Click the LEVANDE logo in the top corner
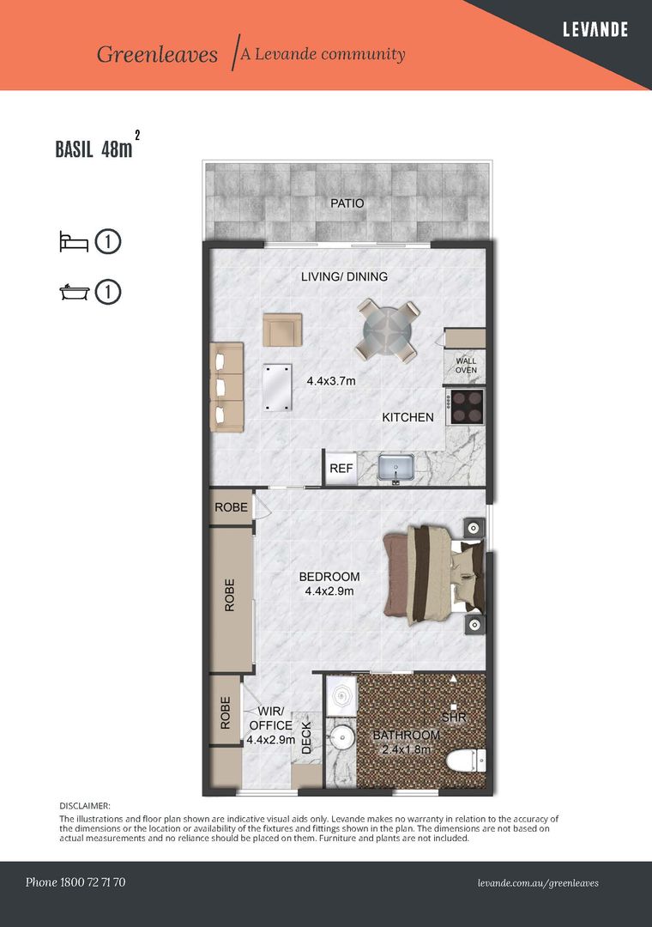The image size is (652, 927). [595, 29]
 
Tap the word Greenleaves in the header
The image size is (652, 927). [157, 54]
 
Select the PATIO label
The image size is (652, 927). [347, 203]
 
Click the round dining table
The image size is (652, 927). [388, 330]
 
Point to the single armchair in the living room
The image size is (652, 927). [282, 330]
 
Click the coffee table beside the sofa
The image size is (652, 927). [277, 387]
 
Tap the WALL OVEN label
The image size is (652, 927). [466, 366]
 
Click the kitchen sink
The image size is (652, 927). [395, 468]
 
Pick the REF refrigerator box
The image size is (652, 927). [341, 469]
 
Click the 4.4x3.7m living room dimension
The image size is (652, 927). [331, 381]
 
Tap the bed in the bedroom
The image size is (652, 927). [434, 574]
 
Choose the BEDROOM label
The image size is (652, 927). [329, 577]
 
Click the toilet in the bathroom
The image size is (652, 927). [466, 760]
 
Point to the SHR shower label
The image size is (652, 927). [454, 718]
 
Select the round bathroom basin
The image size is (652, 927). [341, 738]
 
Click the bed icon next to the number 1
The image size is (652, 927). [74, 242]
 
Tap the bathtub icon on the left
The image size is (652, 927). [74, 292]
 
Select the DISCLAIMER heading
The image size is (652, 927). [85, 806]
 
